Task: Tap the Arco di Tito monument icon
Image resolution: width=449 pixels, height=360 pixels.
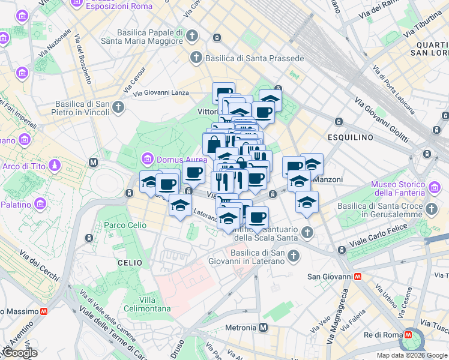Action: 55,165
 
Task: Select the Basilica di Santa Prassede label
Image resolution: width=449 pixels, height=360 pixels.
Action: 255,58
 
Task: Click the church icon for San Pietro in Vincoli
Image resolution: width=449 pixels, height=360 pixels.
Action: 118,108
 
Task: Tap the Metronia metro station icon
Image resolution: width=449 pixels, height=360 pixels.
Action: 263,328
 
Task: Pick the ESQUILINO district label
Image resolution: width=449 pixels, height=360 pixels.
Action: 352,137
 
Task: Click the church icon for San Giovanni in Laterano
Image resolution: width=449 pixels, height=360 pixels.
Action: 294,256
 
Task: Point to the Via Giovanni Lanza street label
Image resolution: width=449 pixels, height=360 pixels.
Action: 161,93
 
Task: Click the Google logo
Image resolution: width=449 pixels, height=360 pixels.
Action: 19,353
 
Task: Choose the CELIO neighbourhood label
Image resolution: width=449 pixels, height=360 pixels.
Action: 130,263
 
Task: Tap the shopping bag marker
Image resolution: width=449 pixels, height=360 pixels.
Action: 214,145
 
